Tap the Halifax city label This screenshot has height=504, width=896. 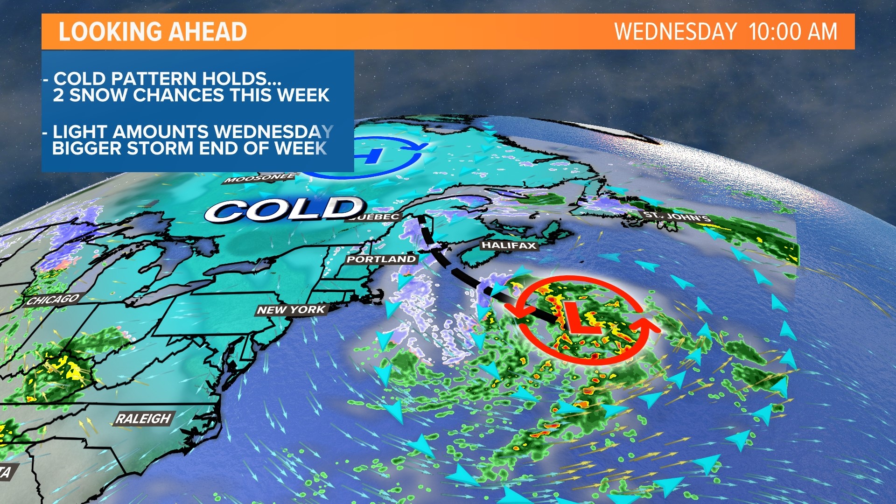pos(509,245)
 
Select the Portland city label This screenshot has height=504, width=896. pos(381,259)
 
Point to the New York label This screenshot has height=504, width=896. pos(291,309)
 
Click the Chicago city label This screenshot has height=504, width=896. pos(52,299)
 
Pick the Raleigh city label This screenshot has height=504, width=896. pos(143,419)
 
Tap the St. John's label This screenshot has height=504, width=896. pos(676,217)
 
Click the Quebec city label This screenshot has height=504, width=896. pos(376,217)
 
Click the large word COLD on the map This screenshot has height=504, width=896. pos(285,210)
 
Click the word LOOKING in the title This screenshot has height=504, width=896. pos(110,32)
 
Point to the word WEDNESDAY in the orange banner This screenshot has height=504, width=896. pos(675,32)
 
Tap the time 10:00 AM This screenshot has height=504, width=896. pos(793,32)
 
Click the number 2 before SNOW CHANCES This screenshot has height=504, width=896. pos(58,95)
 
